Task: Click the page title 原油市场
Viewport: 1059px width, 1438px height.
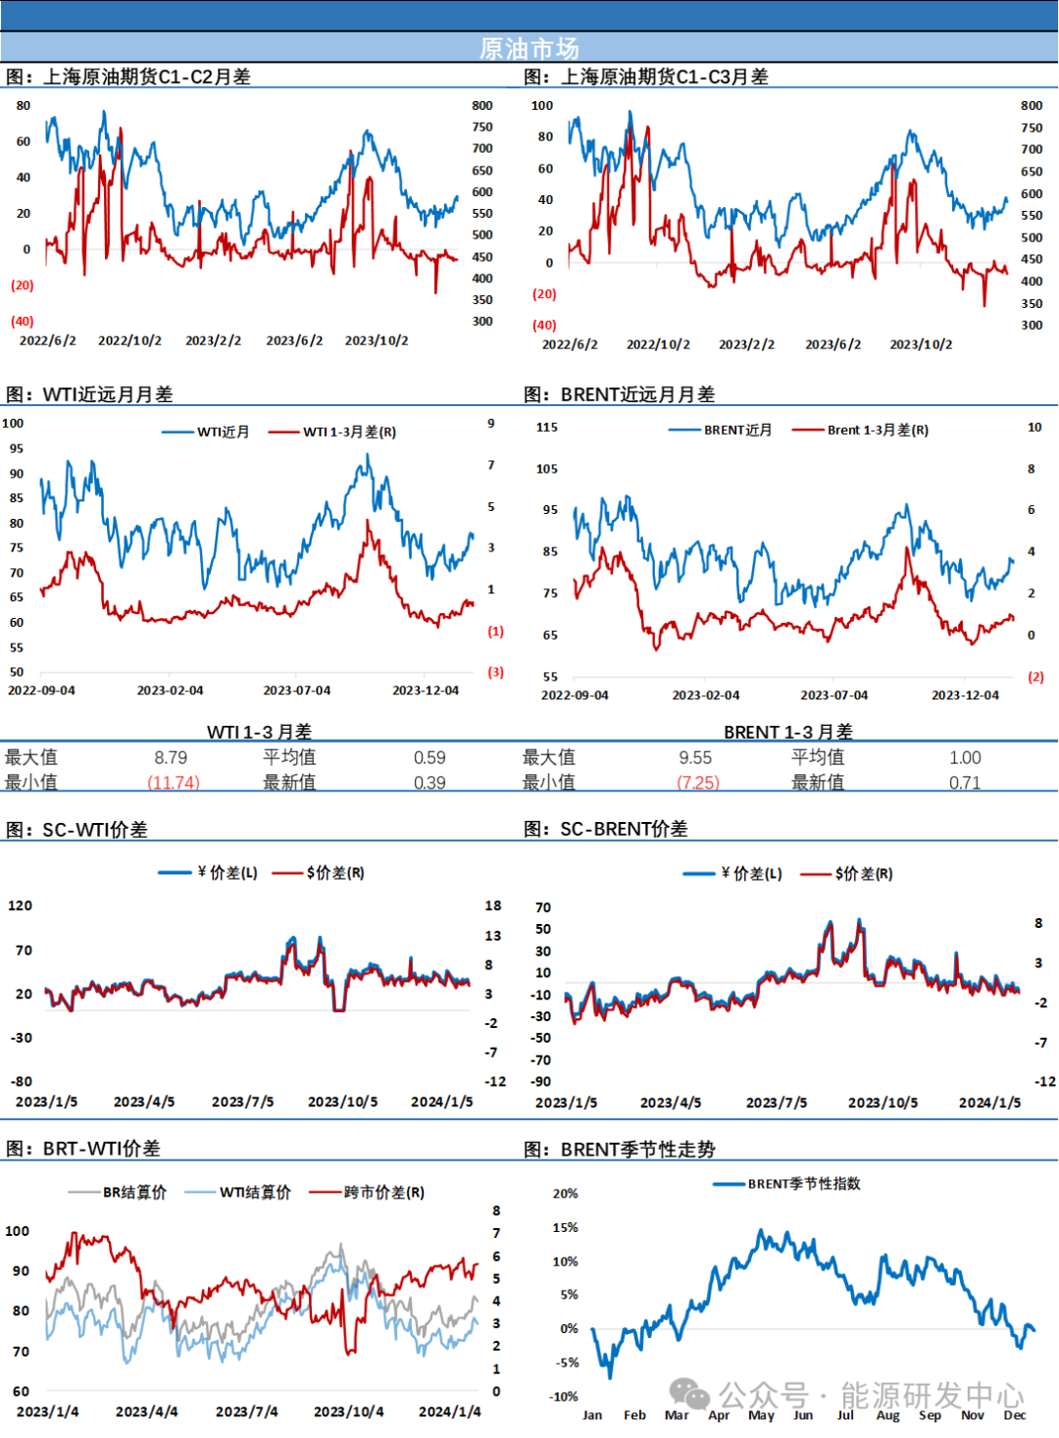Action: [x=529, y=48]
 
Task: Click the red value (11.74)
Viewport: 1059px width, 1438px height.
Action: [x=174, y=782]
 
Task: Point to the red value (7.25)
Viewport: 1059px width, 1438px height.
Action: [x=699, y=782]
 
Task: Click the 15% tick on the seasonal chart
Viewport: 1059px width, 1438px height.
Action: [x=566, y=1227]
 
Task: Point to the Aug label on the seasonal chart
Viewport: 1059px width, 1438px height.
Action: [x=887, y=1415]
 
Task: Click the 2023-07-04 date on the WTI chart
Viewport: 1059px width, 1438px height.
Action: [x=297, y=691]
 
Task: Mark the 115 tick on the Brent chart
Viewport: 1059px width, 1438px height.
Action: [x=547, y=428]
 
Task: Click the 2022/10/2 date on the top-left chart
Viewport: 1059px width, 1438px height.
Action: [x=129, y=340]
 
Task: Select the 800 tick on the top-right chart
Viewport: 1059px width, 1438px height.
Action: [x=1032, y=106]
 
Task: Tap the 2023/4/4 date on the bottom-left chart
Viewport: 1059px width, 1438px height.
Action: [x=147, y=1412]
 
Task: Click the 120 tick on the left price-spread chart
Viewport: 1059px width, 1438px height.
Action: [x=21, y=905]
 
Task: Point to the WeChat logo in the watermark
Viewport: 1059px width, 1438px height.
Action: [x=690, y=1393]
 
